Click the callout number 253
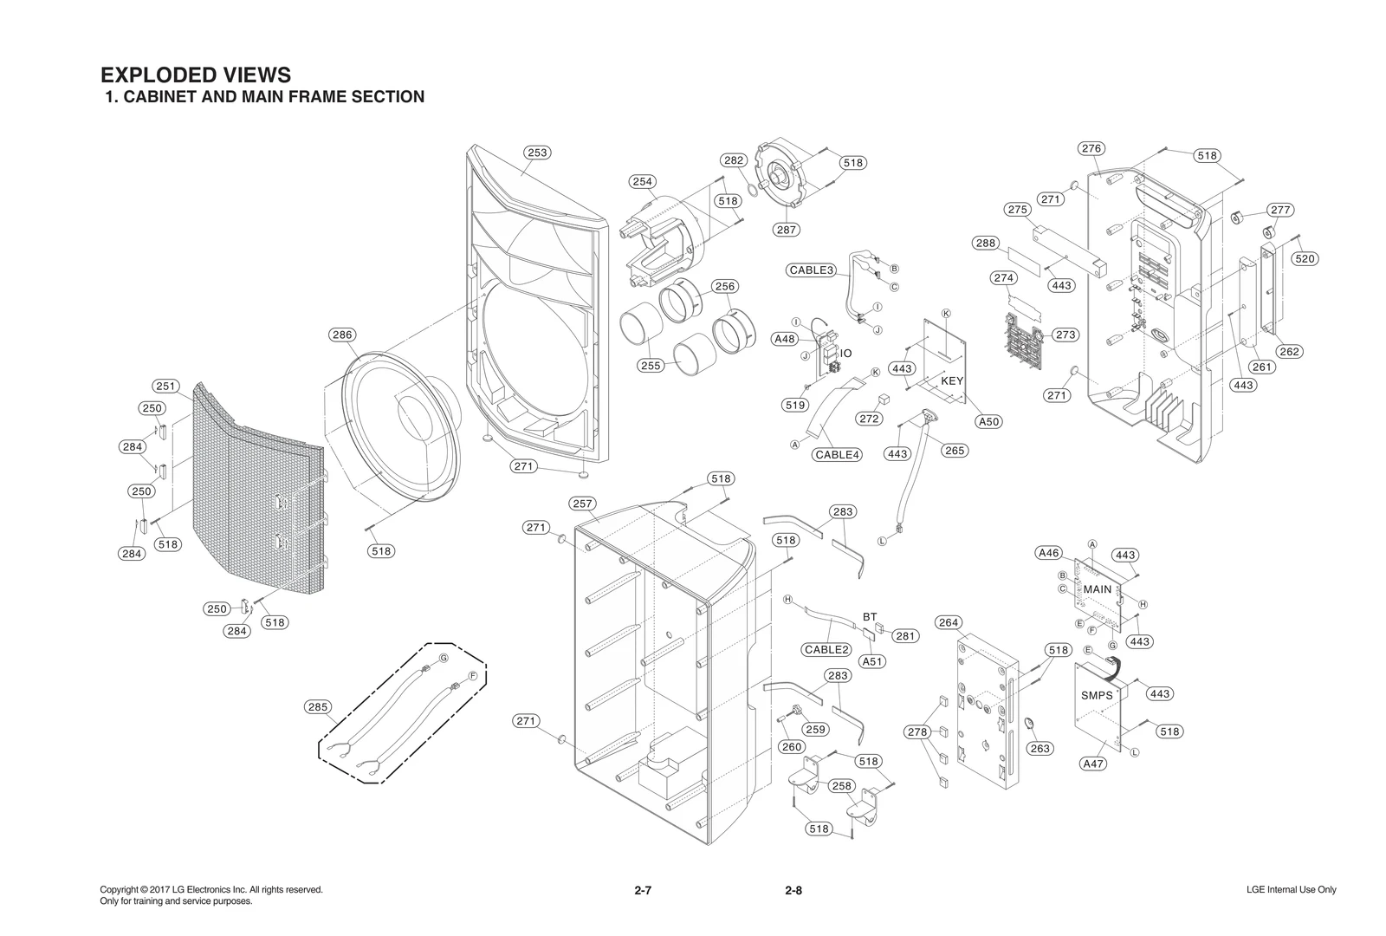click(x=537, y=153)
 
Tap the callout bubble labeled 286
click(x=342, y=335)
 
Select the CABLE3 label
click(x=812, y=270)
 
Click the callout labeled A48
click(x=785, y=339)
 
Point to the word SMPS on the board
click(x=1097, y=696)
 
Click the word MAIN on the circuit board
click(x=1098, y=589)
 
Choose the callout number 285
click(x=318, y=707)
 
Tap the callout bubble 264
click(x=949, y=622)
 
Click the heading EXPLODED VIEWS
click(x=196, y=75)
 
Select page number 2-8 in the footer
click(x=793, y=890)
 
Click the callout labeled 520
click(x=1305, y=258)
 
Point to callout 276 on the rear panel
click(x=1091, y=148)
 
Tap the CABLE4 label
click(x=837, y=454)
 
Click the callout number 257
click(x=582, y=504)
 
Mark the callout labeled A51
click(x=872, y=661)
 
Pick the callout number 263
click(x=1039, y=748)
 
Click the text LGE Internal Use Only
click(x=1291, y=890)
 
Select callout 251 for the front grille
click(x=165, y=387)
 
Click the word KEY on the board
click(x=952, y=380)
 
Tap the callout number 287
click(x=787, y=230)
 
